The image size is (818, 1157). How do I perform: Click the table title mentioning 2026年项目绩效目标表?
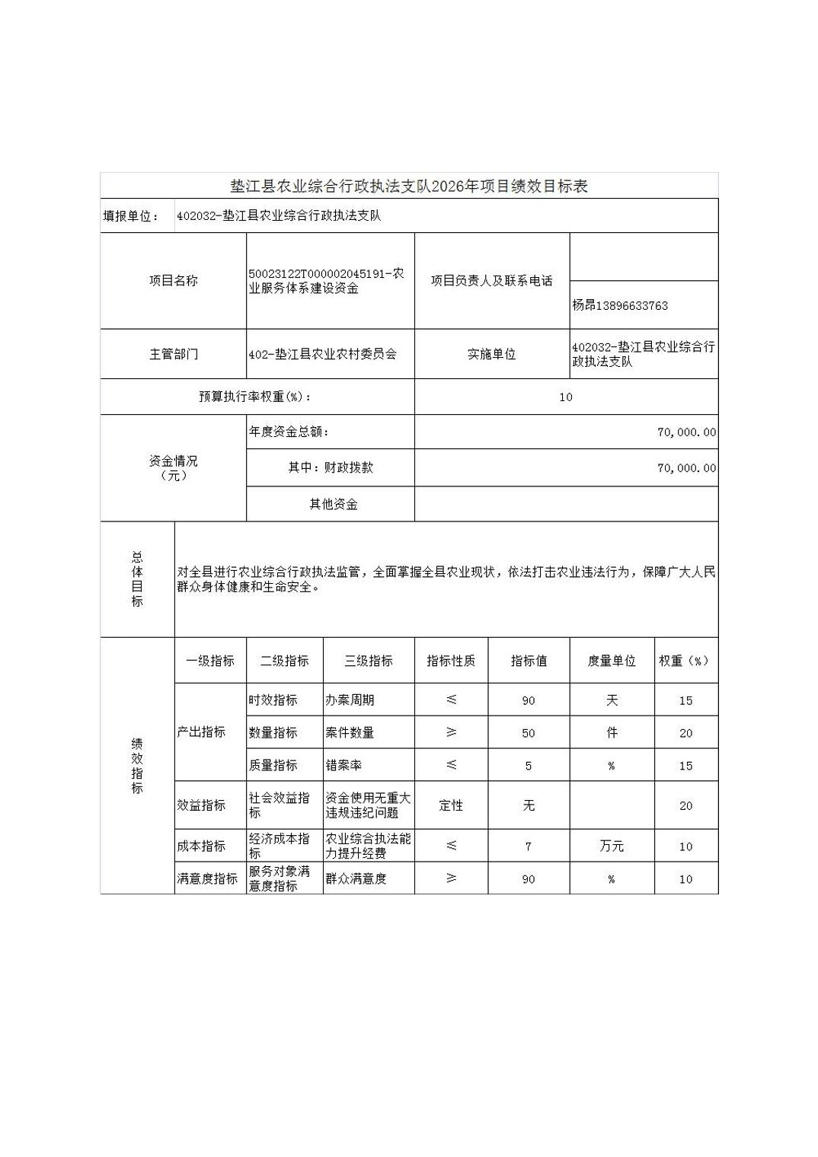[409, 186]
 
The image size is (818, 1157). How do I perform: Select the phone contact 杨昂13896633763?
[620, 305]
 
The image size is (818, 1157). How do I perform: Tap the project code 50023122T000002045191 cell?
[327, 281]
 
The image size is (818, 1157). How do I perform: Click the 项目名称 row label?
[173, 281]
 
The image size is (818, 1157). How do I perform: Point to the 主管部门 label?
[173, 354]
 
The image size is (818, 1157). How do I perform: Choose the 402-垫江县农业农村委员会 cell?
[323, 354]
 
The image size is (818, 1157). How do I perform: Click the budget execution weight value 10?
[565, 397]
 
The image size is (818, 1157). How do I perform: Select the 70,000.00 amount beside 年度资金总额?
[686, 432]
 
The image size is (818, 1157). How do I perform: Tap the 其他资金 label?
[333, 504]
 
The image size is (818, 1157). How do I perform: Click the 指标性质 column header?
[451, 661]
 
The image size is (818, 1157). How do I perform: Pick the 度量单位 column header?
[611, 661]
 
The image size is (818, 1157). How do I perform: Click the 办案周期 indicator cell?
[350, 700]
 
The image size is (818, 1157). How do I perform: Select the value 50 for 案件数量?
[529, 733]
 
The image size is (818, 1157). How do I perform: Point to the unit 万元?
[611, 846]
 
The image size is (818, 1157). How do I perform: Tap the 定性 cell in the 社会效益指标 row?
[451, 805]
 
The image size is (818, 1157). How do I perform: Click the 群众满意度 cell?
[356, 878]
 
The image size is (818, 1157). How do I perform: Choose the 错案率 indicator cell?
[343, 766]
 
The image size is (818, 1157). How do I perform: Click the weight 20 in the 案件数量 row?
[685, 733]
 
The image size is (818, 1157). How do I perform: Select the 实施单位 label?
[491, 354]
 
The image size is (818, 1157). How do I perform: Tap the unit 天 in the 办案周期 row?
[611, 700]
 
